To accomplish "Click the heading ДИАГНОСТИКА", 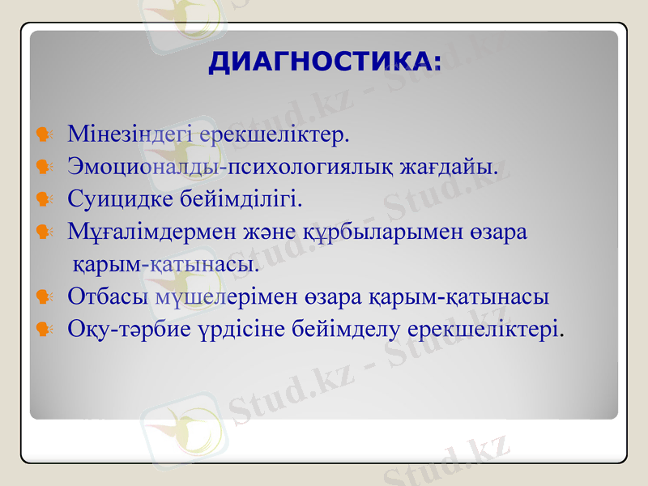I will click(326, 63).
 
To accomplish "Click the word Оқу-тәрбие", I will click(129, 330).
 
